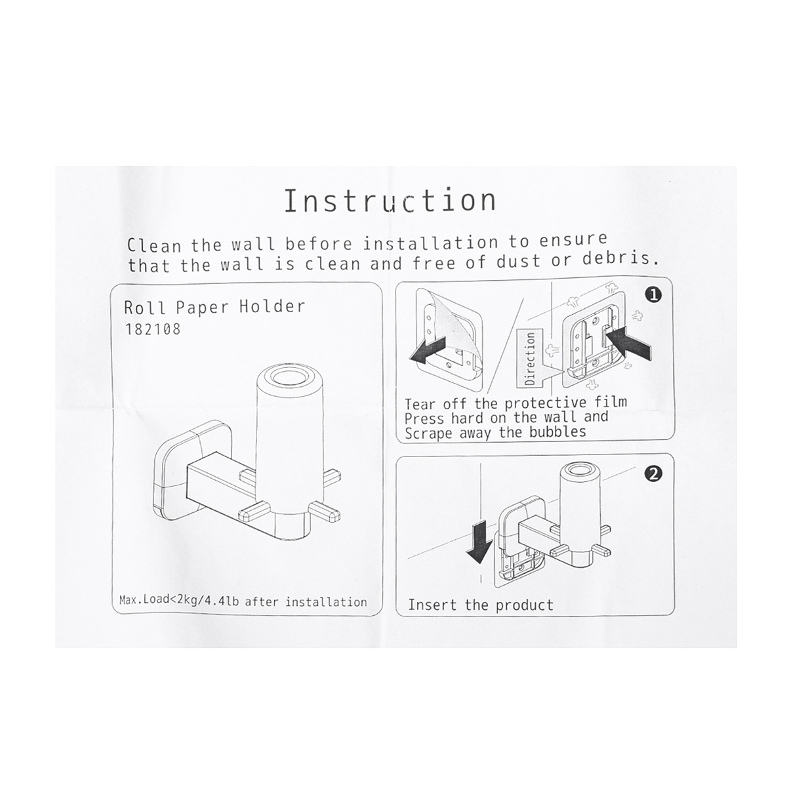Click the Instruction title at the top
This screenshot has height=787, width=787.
tap(390, 201)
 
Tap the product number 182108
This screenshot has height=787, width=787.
tap(152, 329)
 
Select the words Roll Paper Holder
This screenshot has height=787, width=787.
tap(214, 308)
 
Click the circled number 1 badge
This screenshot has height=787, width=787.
tap(655, 295)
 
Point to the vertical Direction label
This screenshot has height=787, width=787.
tap(530, 358)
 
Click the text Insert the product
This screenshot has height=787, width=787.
tap(481, 605)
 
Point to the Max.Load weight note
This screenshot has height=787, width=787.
tap(243, 601)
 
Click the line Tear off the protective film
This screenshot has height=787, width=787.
tap(516, 403)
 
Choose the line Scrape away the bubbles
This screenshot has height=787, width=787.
tap(495, 432)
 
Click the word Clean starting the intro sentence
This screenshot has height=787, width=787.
tap(154, 246)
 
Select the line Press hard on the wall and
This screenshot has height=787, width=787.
tap(506, 417)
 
